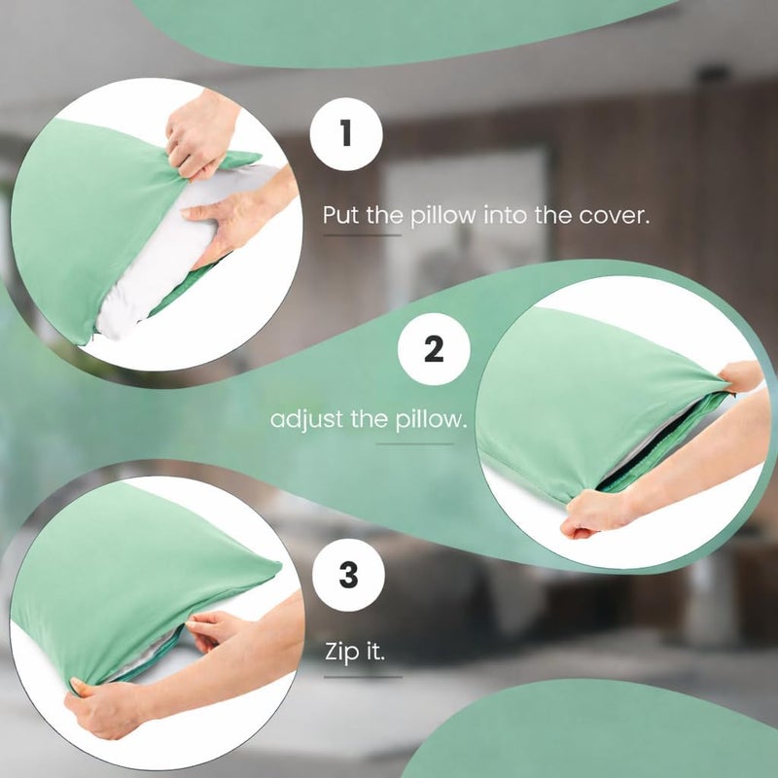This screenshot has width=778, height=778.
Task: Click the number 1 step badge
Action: (346, 134)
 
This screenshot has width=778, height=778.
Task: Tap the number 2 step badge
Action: (434, 349)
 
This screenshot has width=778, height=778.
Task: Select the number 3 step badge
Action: (348, 575)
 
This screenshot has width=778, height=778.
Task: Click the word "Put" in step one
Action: (341, 215)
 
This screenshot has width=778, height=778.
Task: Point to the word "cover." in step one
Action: (614, 215)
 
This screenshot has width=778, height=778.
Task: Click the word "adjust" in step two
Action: (306, 420)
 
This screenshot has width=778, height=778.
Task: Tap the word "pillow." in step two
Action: (431, 420)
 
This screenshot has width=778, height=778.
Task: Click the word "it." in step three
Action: (375, 652)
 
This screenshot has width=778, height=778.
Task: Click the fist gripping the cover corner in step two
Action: (595, 513)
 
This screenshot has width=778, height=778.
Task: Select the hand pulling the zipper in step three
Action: (218, 629)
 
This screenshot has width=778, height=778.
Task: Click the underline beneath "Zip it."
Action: (363, 676)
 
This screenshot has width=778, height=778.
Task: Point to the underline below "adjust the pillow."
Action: (414, 444)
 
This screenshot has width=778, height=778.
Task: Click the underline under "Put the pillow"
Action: (362, 235)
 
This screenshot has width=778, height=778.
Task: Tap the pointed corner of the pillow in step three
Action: (279, 565)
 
